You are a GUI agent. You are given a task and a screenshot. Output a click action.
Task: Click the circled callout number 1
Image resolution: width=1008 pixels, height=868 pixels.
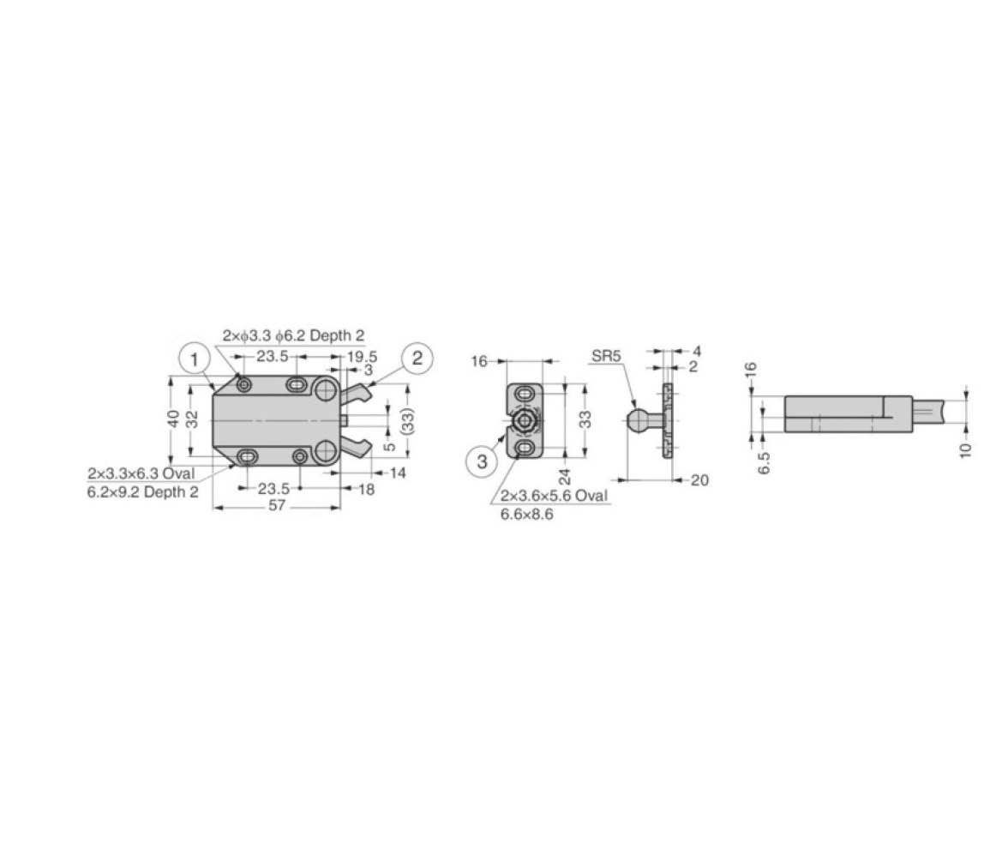[x=194, y=359]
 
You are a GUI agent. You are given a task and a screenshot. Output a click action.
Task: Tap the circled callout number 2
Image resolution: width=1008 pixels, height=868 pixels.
[x=417, y=358]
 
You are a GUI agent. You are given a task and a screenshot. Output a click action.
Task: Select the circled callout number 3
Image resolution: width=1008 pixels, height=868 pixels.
[x=482, y=461]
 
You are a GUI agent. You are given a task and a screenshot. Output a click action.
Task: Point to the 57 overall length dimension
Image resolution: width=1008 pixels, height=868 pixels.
[x=276, y=506]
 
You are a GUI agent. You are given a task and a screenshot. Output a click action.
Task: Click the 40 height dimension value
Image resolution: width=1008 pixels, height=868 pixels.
[x=173, y=419]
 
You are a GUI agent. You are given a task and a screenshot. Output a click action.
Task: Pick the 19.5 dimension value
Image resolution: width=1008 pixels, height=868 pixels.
[x=362, y=357]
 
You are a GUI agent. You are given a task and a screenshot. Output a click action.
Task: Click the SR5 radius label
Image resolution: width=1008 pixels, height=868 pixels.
[x=606, y=356]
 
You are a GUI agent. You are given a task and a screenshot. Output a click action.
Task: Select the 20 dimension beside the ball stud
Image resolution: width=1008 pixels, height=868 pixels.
[x=699, y=480]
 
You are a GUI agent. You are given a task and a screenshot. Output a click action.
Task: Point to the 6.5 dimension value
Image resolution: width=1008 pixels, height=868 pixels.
[x=764, y=462]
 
